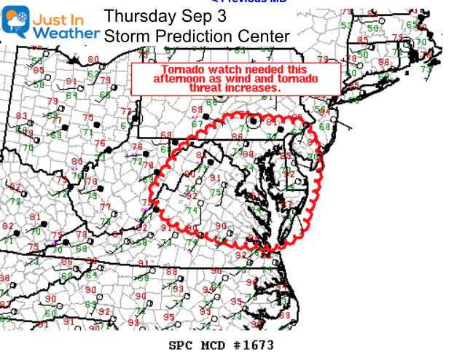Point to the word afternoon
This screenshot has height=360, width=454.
coord(181,77)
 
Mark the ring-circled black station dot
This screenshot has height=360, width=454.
coord(253,122)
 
